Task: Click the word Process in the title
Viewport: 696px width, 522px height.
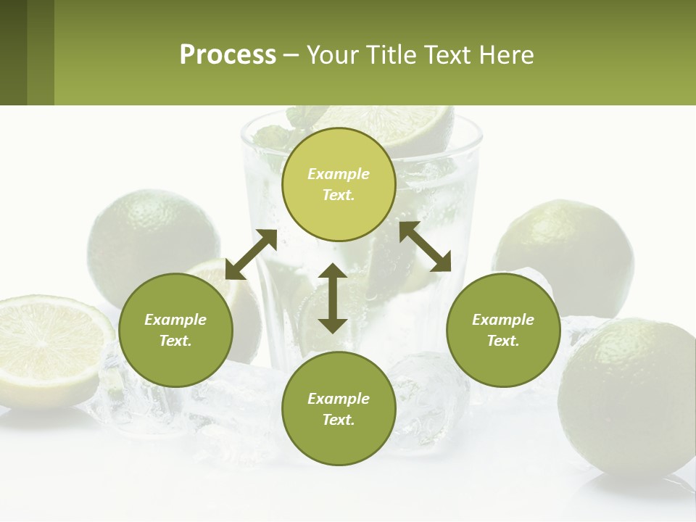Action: pyautogui.click(x=228, y=55)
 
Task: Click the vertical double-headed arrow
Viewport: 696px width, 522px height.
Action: pyautogui.click(x=333, y=298)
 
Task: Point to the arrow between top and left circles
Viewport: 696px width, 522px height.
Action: pyautogui.click(x=252, y=254)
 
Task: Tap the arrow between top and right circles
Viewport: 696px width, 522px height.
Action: pyautogui.click(x=425, y=246)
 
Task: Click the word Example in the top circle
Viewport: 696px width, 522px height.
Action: pyautogui.click(x=339, y=174)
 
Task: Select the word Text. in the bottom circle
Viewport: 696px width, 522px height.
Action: pyautogui.click(x=339, y=420)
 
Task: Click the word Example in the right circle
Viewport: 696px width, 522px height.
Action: pyautogui.click(x=503, y=320)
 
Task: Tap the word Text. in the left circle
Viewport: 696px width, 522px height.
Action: pyautogui.click(x=175, y=341)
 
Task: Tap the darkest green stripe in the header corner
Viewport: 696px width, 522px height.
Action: pyautogui.click(x=13, y=52)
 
